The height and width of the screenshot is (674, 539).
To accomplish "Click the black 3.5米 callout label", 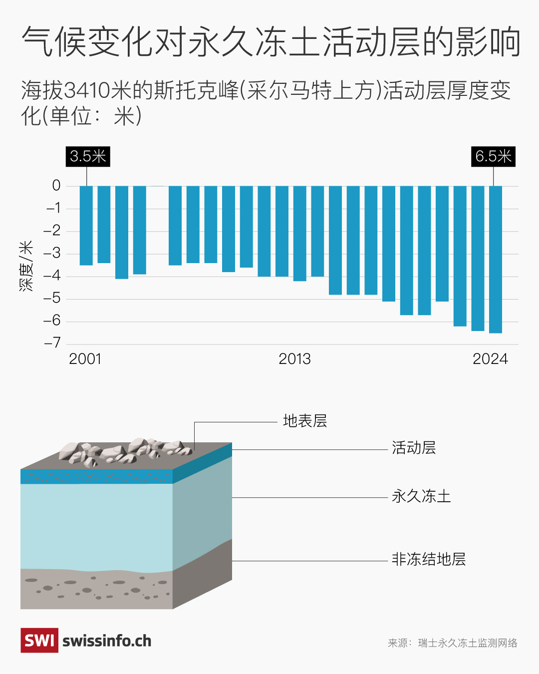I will click(x=88, y=156).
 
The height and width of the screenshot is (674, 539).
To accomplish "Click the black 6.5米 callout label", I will click(x=493, y=156).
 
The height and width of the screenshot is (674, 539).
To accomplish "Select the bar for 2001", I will click(x=86, y=225).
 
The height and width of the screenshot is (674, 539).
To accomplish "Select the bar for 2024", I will click(x=496, y=259).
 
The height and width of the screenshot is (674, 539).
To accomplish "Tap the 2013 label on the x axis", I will click(x=294, y=359).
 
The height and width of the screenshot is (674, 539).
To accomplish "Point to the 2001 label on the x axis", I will click(x=85, y=359).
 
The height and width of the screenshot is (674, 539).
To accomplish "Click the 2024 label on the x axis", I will click(x=490, y=359).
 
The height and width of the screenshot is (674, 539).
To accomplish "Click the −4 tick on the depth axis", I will click(x=52, y=276).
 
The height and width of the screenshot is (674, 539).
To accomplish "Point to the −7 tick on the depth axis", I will click(x=52, y=343).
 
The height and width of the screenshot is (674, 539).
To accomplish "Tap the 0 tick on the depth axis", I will click(x=56, y=186).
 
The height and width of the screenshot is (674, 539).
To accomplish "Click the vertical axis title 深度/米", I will click(x=26, y=266).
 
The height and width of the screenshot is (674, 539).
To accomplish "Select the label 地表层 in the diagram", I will click(x=305, y=421).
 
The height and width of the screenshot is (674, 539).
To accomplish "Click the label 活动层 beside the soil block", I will click(x=414, y=448).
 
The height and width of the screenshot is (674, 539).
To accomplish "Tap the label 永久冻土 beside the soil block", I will click(x=421, y=496).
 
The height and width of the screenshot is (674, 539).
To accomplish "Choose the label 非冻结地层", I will click(x=428, y=559).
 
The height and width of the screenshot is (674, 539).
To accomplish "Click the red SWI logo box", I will click(x=39, y=641).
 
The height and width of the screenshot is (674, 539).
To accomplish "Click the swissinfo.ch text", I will click(x=107, y=641).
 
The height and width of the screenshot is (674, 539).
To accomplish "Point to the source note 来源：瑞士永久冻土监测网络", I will click(x=453, y=643).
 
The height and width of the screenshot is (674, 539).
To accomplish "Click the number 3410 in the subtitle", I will click(x=87, y=90).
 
